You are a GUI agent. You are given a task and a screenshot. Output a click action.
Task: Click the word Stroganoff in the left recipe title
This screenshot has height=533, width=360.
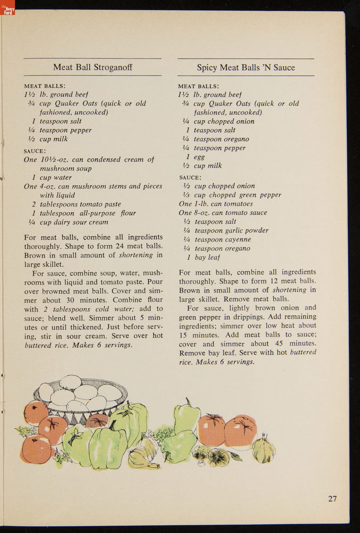[x=113, y=67]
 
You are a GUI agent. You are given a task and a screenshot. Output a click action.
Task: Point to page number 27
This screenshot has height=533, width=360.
[x=332, y=499]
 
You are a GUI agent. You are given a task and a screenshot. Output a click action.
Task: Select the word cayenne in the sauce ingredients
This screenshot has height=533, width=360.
[x=238, y=239]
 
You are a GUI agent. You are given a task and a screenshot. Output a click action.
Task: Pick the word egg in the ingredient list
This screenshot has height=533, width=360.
[x=199, y=157]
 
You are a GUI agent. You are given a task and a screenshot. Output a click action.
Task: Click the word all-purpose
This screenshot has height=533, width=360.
[x=97, y=213]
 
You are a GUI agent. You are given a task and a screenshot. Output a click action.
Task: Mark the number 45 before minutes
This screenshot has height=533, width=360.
[x=279, y=343]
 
